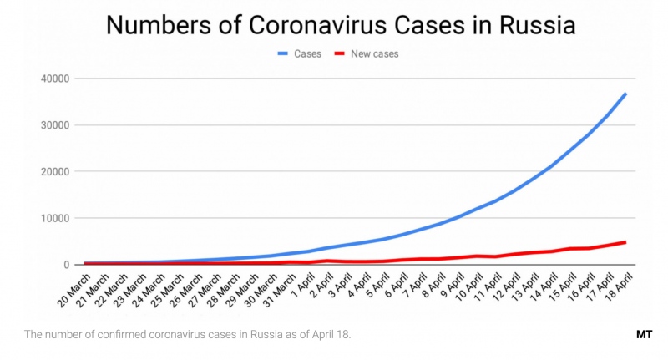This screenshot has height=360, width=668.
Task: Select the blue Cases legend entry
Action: pos(302,54)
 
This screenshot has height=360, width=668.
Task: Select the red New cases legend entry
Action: pos(367,54)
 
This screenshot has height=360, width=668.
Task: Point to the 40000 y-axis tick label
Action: pos(53,79)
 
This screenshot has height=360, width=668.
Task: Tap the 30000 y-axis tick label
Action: pos(53,125)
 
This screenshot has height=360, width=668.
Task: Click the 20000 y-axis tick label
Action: pos(53,171)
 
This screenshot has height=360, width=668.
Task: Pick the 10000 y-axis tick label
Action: pos(53,218)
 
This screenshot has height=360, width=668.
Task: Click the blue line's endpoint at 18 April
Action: pos(625,94)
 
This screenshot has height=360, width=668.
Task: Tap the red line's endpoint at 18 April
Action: pos(625,242)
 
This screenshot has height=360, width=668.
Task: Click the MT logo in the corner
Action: pos(643,335)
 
